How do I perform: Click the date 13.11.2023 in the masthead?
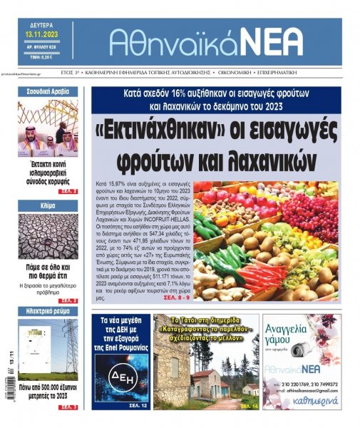point(45,35)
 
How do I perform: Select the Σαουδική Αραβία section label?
point(48,93)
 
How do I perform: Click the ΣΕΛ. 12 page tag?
point(137,405)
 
